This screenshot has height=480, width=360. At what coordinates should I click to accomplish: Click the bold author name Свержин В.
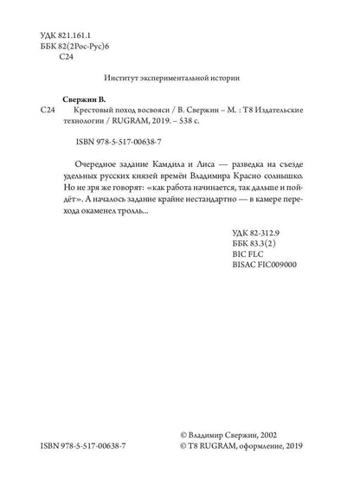[x=91, y=100]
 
